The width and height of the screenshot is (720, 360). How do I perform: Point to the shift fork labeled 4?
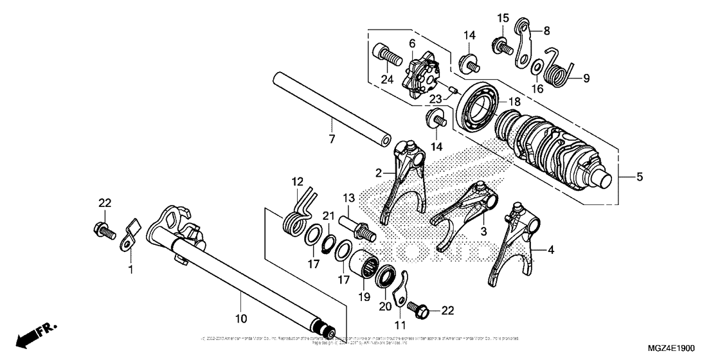(515, 248)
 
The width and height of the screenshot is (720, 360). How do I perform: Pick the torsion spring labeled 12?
(298, 212)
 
